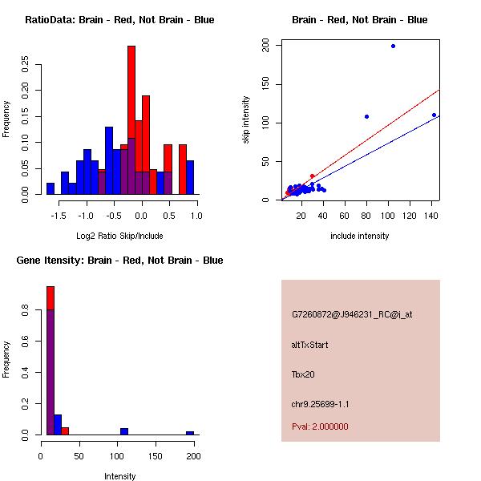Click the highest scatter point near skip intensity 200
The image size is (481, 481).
[x=393, y=46]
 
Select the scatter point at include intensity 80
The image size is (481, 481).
[x=366, y=116]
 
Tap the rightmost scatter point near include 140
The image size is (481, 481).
[x=434, y=115]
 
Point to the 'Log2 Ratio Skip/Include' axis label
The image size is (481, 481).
[x=119, y=236]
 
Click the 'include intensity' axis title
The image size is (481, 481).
[x=360, y=236]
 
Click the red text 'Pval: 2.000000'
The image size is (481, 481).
[x=320, y=426]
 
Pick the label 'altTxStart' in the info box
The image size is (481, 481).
[x=309, y=345]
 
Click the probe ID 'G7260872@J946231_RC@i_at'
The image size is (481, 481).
[x=352, y=314]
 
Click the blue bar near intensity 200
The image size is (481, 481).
[x=190, y=433]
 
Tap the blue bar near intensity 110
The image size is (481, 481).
[x=124, y=431]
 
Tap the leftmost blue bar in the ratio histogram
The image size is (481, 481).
[x=51, y=188]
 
